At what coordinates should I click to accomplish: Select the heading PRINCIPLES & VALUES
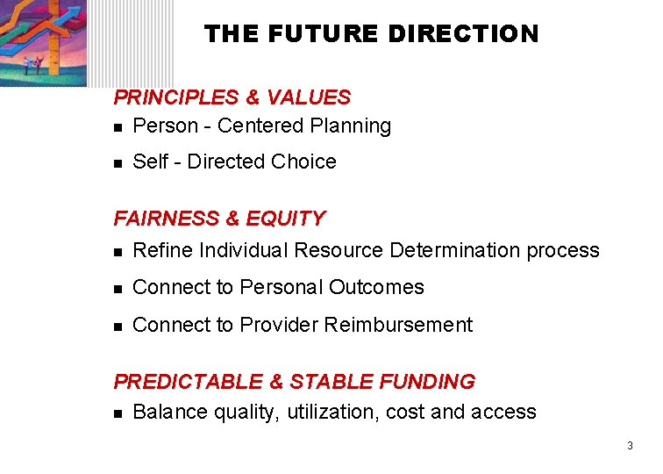(x=232, y=97)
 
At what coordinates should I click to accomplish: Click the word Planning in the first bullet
(x=351, y=126)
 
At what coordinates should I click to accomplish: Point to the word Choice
(x=303, y=162)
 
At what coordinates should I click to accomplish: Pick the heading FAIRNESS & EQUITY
(x=219, y=219)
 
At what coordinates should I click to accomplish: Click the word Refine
(x=163, y=251)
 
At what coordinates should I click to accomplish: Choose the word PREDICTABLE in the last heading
(x=188, y=382)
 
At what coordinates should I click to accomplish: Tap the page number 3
(x=630, y=447)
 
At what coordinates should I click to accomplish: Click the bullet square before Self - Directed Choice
(x=119, y=163)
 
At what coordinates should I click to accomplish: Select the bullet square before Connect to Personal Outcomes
(x=119, y=289)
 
